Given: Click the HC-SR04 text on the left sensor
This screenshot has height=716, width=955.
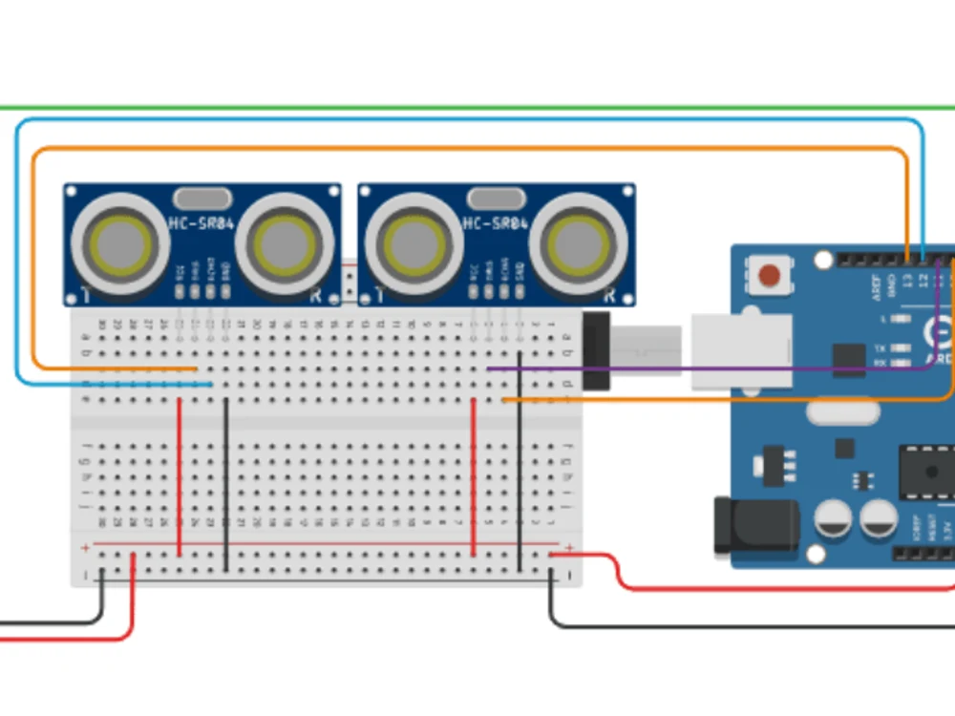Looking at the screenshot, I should point(202,223).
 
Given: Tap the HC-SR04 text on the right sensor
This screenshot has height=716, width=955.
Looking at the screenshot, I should point(496,223).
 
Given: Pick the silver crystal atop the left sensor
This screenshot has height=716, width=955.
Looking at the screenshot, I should point(202,198).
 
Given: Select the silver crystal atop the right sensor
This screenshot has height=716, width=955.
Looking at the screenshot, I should point(496,198).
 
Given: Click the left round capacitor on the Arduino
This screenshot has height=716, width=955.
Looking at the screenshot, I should point(834,519).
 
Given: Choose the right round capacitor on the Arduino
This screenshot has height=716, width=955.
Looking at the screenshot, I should point(879,519).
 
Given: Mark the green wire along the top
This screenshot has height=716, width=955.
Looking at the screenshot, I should point(477,108).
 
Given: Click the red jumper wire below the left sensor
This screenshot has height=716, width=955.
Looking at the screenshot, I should point(180,477).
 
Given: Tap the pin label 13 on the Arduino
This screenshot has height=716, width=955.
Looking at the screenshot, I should point(906,282).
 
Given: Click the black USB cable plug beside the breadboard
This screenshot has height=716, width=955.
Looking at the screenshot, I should point(596,350).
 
